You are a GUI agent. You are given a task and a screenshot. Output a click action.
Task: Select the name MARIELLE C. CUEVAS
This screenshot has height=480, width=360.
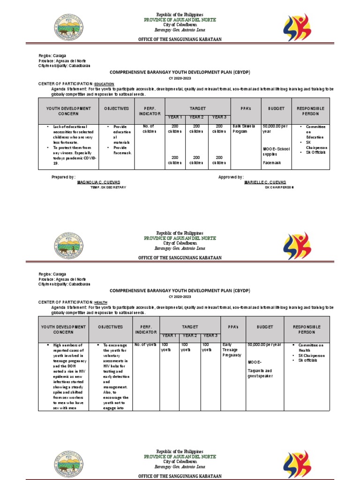pyautogui.click(x=265, y=182)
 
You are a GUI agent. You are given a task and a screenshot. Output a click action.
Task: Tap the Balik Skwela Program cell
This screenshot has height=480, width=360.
pyautogui.click(x=244, y=129)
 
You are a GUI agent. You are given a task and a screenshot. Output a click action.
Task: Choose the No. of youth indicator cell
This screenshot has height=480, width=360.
pyautogui.click(x=145, y=345)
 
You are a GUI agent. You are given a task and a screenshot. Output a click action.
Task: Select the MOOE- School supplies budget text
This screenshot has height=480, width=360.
pyautogui.click(x=276, y=151)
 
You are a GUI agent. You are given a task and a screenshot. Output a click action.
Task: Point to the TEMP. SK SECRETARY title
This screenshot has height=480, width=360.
pyautogui.click(x=108, y=187)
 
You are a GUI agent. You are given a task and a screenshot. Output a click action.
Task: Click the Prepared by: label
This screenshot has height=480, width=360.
pyautogui.click(x=63, y=177)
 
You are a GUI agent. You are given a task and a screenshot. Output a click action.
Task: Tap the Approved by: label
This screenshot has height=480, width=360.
pyautogui.click(x=231, y=177)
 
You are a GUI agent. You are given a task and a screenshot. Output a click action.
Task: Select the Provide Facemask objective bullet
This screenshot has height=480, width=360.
pyautogui.click(x=123, y=150)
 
